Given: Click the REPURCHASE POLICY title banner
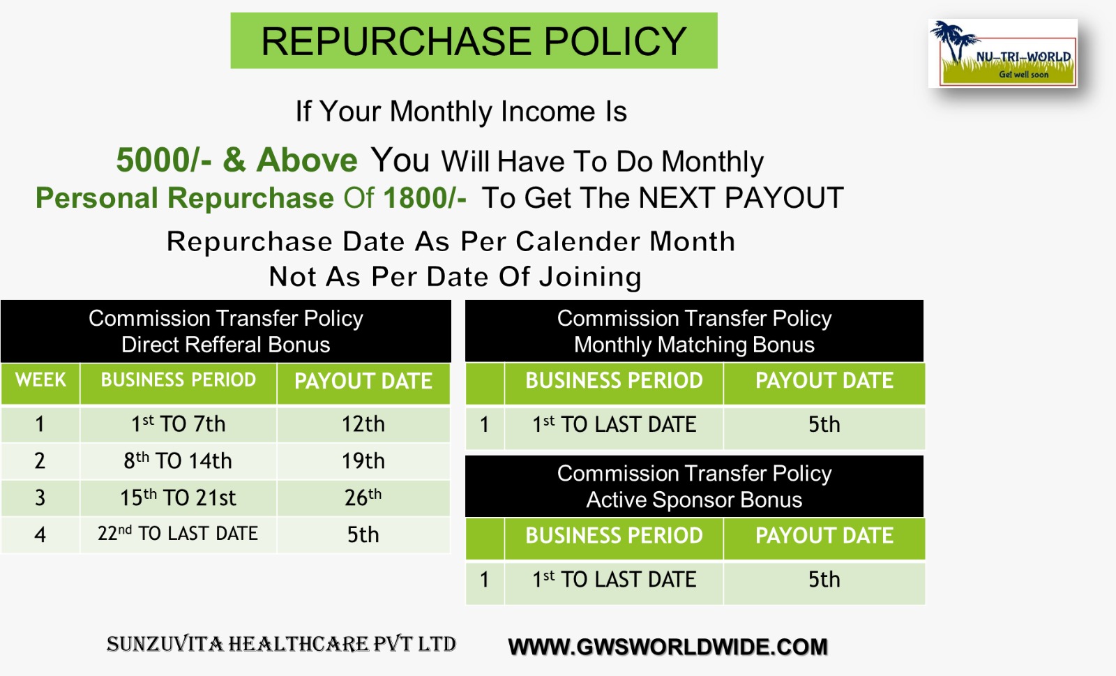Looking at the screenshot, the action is click(474, 40).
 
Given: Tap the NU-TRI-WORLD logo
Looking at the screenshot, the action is click(1002, 53).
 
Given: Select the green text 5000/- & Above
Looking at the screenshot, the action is click(236, 160).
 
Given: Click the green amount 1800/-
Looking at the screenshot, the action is click(425, 197).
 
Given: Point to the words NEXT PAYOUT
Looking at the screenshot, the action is click(741, 197).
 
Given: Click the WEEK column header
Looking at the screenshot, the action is click(40, 380).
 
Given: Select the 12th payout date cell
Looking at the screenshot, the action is click(363, 424).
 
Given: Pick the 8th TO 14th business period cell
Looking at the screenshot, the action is click(178, 461).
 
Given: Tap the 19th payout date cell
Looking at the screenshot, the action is click(363, 461).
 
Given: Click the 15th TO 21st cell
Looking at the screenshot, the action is click(178, 497).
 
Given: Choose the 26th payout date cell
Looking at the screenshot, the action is click(363, 497).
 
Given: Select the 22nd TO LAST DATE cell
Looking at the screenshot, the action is click(178, 534).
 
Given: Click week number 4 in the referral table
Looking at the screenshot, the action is click(40, 534).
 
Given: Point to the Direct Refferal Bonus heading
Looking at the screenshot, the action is click(226, 345).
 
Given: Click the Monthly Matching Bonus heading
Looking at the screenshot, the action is click(694, 345).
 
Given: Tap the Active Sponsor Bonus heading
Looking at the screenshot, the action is click(694, 500).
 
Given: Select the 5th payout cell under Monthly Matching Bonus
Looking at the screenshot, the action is click(824, 424).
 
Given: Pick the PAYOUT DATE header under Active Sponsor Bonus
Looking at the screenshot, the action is click(824, 536).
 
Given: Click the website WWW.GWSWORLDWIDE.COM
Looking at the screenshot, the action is click(668, 647).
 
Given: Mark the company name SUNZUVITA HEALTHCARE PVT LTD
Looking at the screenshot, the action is click(282, 644).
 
